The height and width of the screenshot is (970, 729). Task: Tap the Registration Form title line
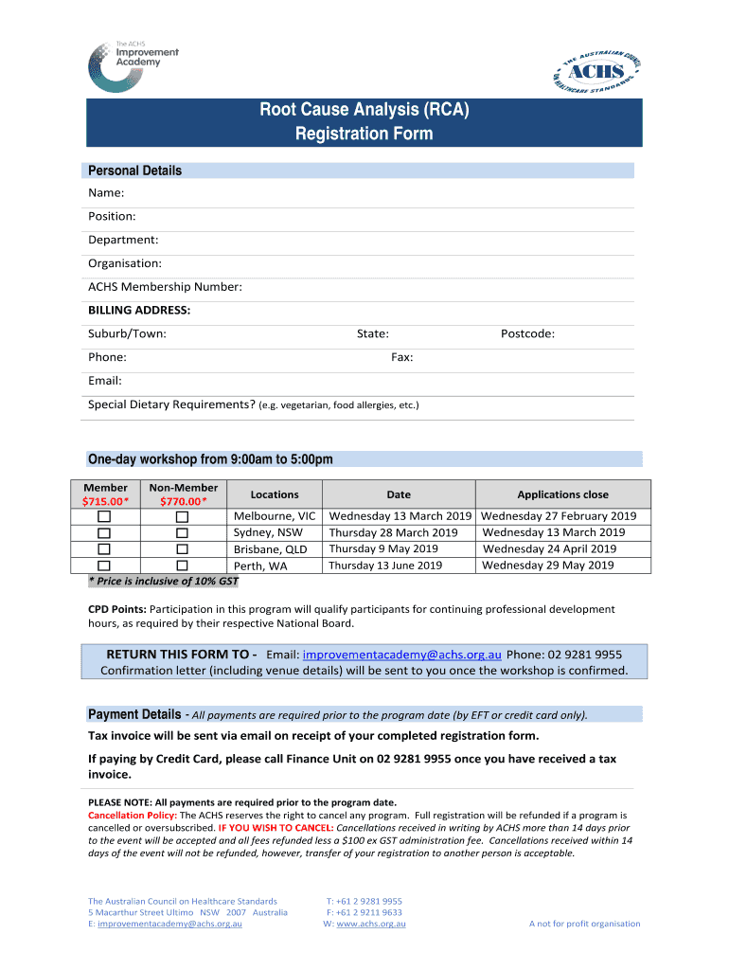pos(364,134)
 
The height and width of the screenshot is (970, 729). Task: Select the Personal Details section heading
pos(134,171)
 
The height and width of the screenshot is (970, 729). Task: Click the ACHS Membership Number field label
pos(165,287)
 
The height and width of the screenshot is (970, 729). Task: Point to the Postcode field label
pos(527,333)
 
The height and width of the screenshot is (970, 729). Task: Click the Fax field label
pos(401,357)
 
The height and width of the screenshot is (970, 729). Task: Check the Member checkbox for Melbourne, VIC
pos(104,516)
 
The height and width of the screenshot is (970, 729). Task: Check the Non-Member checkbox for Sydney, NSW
pos(182,532)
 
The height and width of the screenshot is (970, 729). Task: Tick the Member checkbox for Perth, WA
pos(104,566)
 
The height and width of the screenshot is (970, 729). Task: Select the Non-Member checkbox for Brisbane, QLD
pos(182,549)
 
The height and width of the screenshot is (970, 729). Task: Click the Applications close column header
pos(562,494)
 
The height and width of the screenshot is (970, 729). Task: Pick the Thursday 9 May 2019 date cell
pos(383,548)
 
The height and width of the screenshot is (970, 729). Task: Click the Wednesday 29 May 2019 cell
pos(548,566)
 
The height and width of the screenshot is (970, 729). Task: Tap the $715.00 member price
pos(105,501)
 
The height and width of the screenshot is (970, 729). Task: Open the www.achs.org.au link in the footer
pos(371,924)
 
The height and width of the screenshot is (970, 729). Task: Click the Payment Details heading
pos(134,714)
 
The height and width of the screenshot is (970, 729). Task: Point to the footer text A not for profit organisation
pos(584,924)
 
